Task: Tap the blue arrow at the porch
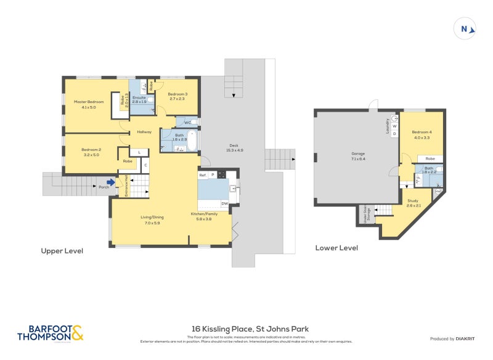(x=110, y=182)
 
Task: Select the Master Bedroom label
(x=85, y=102)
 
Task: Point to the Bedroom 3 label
(x=177, y=94)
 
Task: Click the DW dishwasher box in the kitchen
(x=224, y=203)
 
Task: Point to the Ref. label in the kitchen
(x=202, y=175)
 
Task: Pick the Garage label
(x=358, y=153)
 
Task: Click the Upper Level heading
(x=62, y=251)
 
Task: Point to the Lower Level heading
(x=336, y=248)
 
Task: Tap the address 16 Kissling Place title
(x=246, y=329)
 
